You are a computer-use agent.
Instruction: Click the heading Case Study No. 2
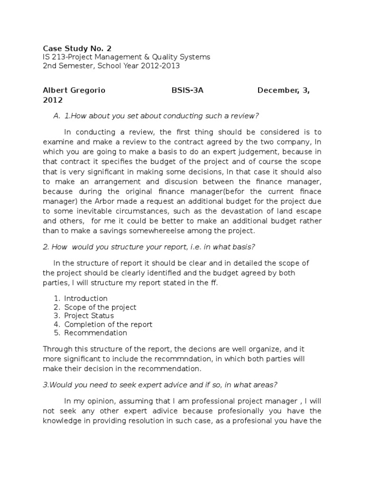78,48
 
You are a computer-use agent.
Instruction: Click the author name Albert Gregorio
74,91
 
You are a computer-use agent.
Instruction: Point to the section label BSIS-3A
187,91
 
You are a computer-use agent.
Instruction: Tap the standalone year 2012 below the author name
52,100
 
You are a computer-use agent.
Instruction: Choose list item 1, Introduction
86,299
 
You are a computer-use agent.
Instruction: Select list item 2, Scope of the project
100,307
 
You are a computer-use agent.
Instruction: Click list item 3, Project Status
89,316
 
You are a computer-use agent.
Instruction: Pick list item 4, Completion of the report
108,324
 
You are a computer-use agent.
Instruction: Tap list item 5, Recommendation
96,333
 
